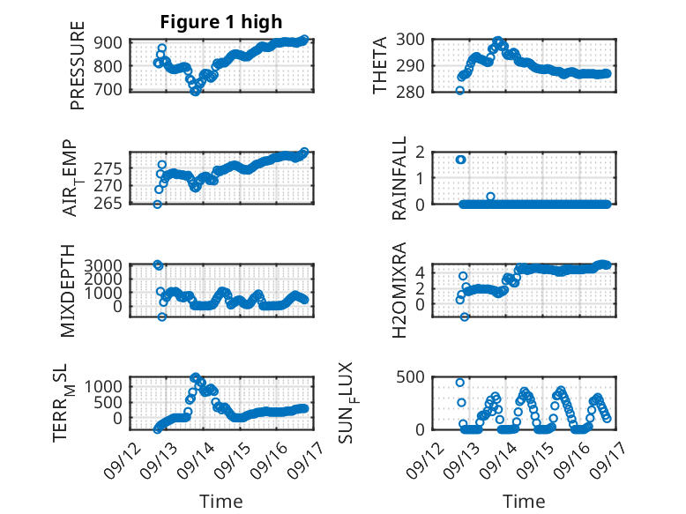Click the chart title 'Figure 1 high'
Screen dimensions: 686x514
coord(221,22)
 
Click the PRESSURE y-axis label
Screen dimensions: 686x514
coord(77,65)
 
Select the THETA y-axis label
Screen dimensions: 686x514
coord(380,65)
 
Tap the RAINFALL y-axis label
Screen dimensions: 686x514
coord(399,178)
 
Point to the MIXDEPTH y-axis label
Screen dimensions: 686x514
coord(67,291)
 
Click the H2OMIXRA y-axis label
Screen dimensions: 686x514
coord(399,290)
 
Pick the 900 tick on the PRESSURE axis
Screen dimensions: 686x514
coord(108,43)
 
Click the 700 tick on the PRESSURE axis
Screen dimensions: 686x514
coord(108,90)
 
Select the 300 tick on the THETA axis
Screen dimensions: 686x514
coord(410,40)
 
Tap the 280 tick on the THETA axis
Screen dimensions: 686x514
coord(410,93)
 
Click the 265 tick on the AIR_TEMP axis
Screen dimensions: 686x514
coord(108,204)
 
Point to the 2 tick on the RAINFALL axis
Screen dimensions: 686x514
coord(421,153)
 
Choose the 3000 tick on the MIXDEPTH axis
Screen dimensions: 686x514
coord(103,265)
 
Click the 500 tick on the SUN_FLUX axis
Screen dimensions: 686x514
coord(410,377)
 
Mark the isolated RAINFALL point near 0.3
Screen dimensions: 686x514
coord(490,197)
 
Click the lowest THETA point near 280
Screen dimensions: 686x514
coord(459,91)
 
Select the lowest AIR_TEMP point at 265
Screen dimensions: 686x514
coord(158,205)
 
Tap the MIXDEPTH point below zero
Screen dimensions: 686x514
coord(162,317)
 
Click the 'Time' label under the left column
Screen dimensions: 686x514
coord(221,502)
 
